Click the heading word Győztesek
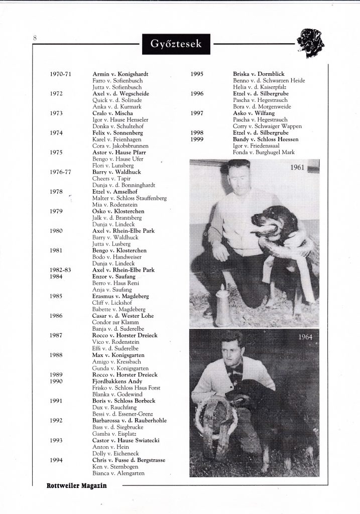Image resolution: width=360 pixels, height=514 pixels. click(x=176, y=44)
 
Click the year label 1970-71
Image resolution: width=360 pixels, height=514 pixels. click(x=61, y=74)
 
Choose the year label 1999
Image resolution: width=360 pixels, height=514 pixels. click(x=197, y=139)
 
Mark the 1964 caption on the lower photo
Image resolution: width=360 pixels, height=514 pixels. click(x=305, y=337)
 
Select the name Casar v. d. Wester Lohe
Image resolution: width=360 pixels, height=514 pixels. click(x=123, y=316)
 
